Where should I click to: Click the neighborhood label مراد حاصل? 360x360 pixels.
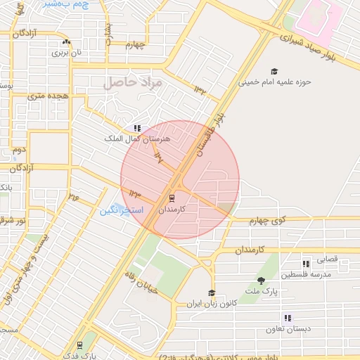(133, 83)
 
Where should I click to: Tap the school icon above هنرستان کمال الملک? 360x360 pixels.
(137, 129)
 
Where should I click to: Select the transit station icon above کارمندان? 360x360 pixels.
(172, 199)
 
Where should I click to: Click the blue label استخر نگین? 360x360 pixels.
(121, 211)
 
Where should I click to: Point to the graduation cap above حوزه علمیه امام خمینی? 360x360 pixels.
(274, 71)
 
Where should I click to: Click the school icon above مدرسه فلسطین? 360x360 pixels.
(305, 264)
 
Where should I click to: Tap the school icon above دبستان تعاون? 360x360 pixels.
(287, 318)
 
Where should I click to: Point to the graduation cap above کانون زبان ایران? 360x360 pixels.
(211, 293)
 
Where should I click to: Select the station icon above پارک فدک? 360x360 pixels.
(80, 345)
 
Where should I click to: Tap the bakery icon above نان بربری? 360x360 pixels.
(66, 43)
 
